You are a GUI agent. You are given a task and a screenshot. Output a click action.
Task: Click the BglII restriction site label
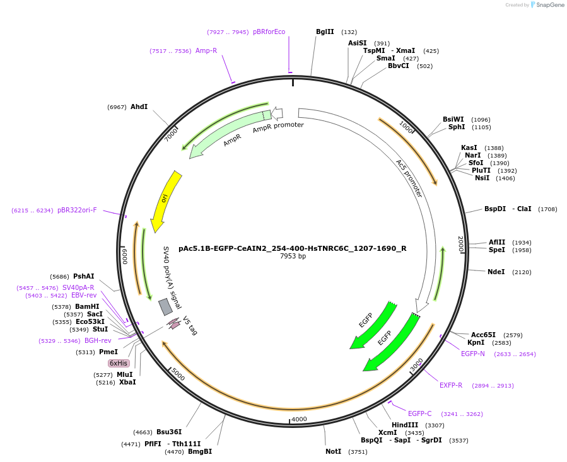[325, 32]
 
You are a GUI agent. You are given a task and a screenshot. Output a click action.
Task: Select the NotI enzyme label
[333, 451]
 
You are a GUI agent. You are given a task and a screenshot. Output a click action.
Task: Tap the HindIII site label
[405, 425]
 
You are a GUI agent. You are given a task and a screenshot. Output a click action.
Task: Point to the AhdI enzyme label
[139, 107]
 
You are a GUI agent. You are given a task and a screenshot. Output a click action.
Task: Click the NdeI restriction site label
[496, 272]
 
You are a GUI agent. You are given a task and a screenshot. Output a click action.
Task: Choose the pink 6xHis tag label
[119, 363]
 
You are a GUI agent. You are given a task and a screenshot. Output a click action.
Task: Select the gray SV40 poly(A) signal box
[165, 307]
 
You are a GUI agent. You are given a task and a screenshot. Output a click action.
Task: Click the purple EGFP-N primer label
[473, 354]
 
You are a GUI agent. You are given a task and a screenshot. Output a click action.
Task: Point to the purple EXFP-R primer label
[451, 385]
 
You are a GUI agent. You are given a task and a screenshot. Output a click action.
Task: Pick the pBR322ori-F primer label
[77, 211]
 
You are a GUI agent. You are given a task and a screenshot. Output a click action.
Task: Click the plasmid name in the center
[293, 248]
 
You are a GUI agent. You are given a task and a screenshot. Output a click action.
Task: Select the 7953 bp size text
[293, 257]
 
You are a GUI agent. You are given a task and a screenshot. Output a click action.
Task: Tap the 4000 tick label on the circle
[299, 419]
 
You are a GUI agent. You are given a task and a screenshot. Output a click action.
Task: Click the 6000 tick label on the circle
[125, 257]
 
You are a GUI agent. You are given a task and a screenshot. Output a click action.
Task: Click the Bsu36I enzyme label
[169, 432]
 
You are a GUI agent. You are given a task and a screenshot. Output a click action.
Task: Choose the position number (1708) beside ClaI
[547, 209]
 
